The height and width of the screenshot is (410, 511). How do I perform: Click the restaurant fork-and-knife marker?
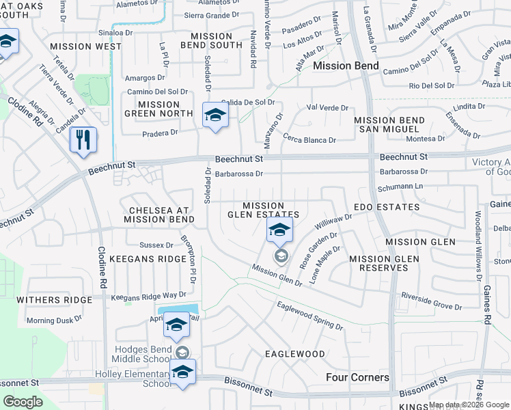[x=83, y=140]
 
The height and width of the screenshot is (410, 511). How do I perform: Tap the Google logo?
[x=23, y=402]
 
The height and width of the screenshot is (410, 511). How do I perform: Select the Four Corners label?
[x=357, y=377]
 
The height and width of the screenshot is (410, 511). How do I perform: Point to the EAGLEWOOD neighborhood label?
[x=295, y=354]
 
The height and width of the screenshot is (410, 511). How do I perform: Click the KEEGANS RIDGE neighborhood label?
[x=151, y=259]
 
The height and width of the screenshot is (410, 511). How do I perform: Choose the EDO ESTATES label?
[x=387, y=206]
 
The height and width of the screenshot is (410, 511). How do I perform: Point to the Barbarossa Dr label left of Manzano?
[x=238, y=174]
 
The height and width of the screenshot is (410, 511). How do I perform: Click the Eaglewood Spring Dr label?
[x=309, y=315]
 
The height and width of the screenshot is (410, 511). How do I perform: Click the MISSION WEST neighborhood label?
[x=85, y=46]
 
